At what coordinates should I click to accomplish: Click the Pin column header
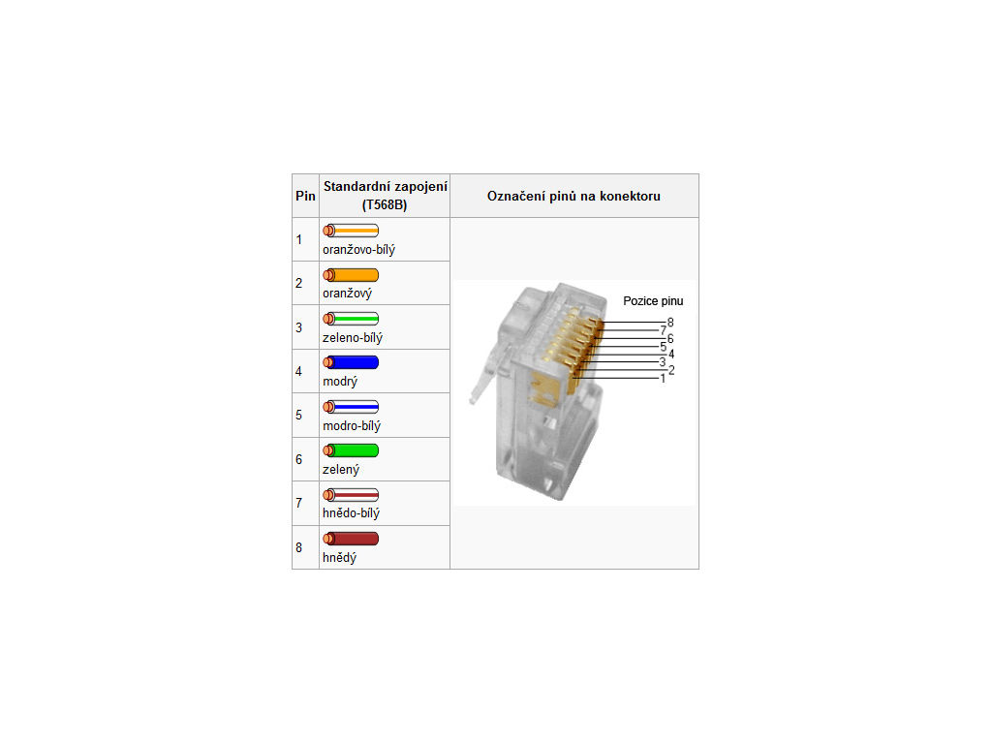tap(305, 196)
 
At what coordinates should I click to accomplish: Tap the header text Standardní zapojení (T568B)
tap(386, 196)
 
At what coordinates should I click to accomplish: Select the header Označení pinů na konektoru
tap(573, 196)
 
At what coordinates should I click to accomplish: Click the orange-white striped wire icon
tap(351, 231)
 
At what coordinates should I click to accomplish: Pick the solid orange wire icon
tap(351, 275)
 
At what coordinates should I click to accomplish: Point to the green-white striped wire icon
tap(351, 319)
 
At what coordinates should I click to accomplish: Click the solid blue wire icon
tap(351, 362)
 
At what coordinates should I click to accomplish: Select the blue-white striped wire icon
tap(351, 407)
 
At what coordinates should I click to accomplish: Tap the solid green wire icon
tap(351, 450)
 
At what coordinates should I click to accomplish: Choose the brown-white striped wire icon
tap(351, 495)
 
